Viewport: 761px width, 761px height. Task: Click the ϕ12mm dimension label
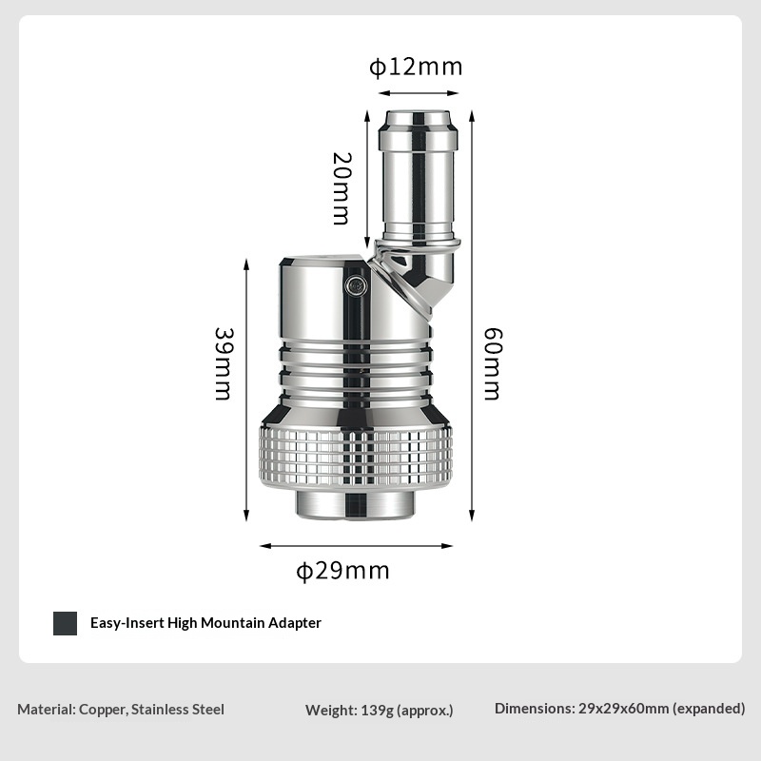[416, 67]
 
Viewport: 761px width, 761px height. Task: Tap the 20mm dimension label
[341, 188]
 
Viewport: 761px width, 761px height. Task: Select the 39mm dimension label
[224, 364]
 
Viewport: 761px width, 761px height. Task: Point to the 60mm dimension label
[493, 364]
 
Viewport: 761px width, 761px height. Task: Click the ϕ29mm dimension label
[342, 571]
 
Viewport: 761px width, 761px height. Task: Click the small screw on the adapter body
[356, 284]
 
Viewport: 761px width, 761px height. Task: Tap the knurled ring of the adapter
[356, 457]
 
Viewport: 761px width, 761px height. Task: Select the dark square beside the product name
[65, 623]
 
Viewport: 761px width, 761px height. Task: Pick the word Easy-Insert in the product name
[127, 623]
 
